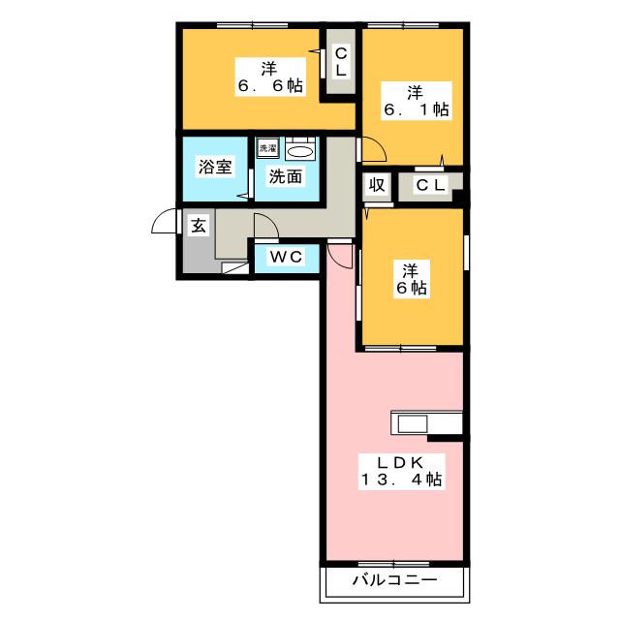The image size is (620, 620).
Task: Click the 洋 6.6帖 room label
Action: [x=270, y=77]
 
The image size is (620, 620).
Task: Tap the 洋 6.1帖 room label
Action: [x=417, y=101]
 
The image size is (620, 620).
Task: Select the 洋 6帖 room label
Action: [x=411, y=279]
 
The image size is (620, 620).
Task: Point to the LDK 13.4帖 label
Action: [x=401, y=472]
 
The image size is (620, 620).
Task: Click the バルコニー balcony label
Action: [x=395, y=580]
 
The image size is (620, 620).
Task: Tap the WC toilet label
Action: [x=287, y=257]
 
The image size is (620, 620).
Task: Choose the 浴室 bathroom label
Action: [x=215, y=167]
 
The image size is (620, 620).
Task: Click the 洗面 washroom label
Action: [x=286, y=176]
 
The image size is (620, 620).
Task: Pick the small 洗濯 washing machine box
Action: [x=267, y=148]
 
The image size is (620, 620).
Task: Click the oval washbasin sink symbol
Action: [x=300, y=152]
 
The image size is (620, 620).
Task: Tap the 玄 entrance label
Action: [x=198, y=226]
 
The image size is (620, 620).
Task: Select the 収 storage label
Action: [x=377, y=185]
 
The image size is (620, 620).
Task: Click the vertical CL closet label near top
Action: [x=341, y=62]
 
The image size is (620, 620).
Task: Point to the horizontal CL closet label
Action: [x=431, y=185]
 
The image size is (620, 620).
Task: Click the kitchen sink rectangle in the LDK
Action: [x=413, y=424]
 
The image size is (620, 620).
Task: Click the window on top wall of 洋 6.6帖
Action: [x=252, y=26]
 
